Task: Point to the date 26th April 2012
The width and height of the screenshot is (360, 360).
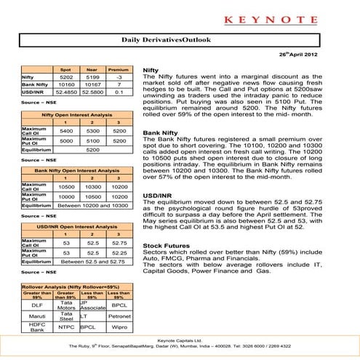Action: [x=320, y=55]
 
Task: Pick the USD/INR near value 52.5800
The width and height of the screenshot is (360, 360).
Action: [x=92, y=92]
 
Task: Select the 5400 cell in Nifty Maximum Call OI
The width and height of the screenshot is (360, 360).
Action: [x=65, y=131]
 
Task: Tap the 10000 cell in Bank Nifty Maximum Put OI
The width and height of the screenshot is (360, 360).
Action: [x=65, y=196]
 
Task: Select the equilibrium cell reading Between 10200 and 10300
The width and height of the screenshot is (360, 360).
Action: [x=93, y=205]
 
